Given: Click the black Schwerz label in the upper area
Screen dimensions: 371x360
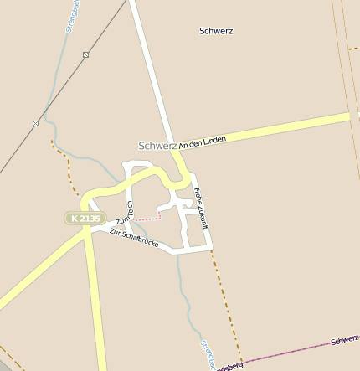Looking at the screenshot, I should point(216,31).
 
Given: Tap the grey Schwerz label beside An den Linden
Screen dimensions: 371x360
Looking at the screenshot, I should point(157,145).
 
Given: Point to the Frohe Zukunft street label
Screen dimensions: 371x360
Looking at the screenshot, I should point(200,208).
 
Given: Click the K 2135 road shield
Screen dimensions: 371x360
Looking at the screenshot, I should point(85,218).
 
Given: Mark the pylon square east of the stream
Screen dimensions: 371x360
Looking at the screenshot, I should point(85,54).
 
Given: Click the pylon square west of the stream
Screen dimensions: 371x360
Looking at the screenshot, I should point(35,123).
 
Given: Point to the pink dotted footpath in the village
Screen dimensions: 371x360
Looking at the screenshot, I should point(147,218).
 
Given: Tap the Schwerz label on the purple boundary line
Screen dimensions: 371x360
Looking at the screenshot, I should point(343,340).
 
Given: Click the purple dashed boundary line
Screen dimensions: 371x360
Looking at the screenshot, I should point(285,352).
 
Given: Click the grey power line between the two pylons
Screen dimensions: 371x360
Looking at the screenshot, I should point(60,89).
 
